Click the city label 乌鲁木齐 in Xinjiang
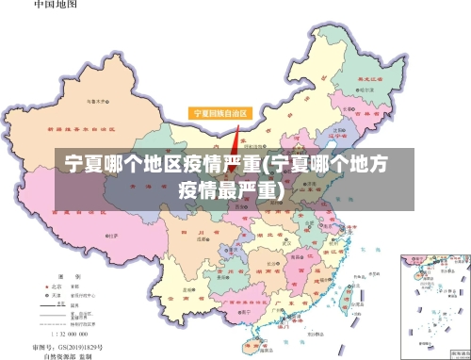click(96, 99)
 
